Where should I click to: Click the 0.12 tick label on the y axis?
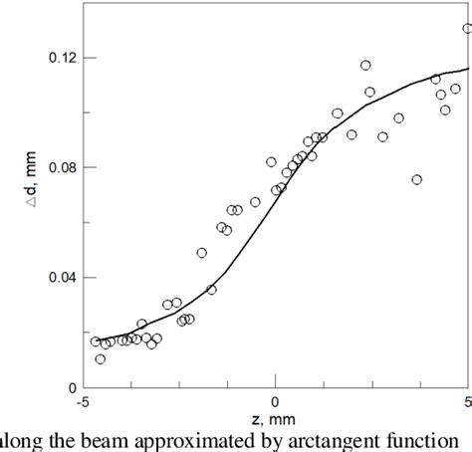[x=60, y=59]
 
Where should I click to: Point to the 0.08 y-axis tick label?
[x=60, y=168]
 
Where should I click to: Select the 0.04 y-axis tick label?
[x=60, y=278]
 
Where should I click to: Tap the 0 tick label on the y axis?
[x=71, y=387]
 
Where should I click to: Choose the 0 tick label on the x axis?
[x=276, y=401]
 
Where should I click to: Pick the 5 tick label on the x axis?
[x=467, y=401]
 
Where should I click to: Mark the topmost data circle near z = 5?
[x=468, y=29]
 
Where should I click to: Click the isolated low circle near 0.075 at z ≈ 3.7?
[x=416, y=180]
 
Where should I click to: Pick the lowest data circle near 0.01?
[x=101, y=358]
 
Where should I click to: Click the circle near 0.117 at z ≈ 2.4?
[x=365, y=66]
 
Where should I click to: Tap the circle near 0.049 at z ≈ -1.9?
[x=201, y=253]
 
